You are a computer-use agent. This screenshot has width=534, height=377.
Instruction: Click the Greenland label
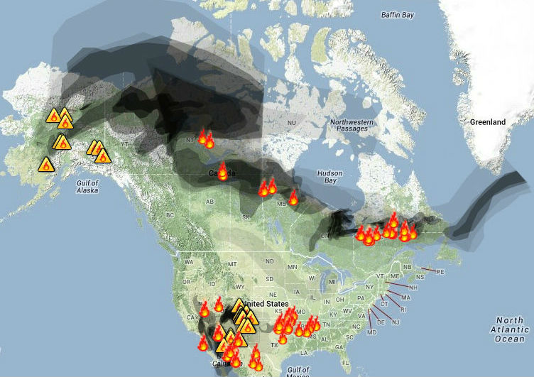pos(487,122)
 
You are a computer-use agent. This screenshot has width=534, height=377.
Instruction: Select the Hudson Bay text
pos(329,177)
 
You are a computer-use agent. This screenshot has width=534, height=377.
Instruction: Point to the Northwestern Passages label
pos(349,125)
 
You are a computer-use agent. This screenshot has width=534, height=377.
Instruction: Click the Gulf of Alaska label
pos(87,187)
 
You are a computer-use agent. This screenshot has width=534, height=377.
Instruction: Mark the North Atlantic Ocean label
pos(509,329)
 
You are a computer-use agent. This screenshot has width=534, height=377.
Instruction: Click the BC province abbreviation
pos(170,214)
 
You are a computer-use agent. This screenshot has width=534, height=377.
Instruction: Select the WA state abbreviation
pos(188,261)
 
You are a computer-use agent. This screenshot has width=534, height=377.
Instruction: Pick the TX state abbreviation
pos(274,345)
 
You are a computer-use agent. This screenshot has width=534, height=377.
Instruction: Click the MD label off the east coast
pos(371,332)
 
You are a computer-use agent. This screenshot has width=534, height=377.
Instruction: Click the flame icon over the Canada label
pos(222,171)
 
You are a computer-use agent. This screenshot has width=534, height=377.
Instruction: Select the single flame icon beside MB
pos(293,197)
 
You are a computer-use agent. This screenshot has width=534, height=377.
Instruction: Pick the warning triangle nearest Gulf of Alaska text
pos(47,165)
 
